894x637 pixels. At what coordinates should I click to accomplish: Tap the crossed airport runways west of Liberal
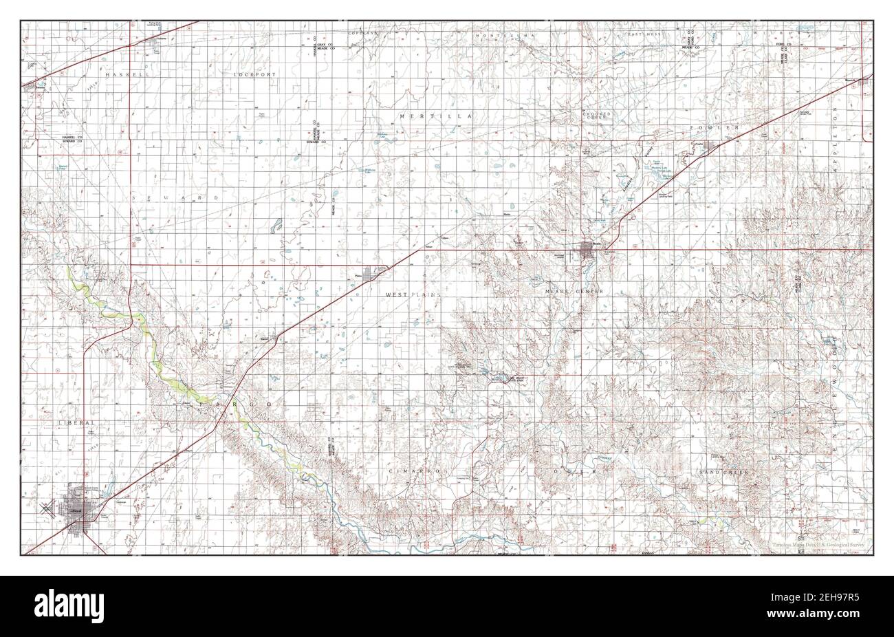pos(46,510)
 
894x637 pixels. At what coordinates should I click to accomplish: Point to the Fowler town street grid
pos(708,146)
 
